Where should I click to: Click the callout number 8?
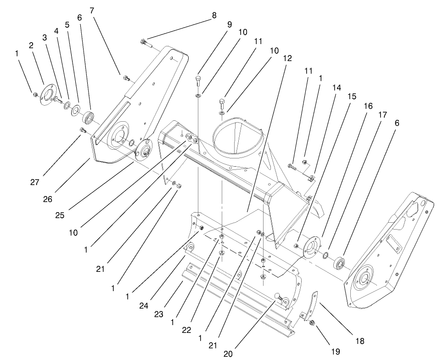(x=214, y=15)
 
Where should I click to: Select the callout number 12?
(x=287, y=58)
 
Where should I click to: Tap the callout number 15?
(x=351, y=96)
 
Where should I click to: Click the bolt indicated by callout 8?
(x=144, y=43)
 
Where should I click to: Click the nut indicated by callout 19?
(x=312, y=323)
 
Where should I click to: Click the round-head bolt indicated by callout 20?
(x=278, y=298)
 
